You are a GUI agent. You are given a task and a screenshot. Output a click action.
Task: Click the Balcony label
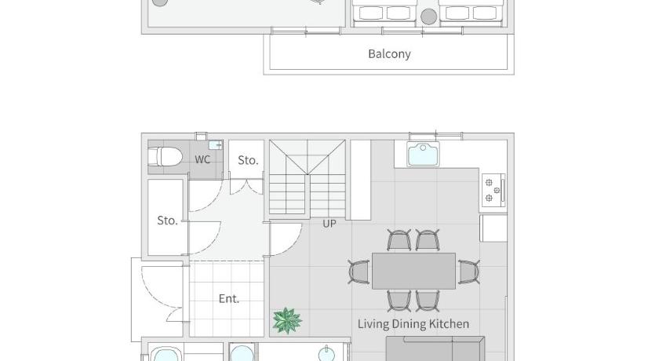pyautogui.click(x=389, y=54)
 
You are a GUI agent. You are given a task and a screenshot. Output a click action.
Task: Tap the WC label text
pyautogui.click(x=202, y=159)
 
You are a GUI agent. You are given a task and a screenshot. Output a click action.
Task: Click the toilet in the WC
pyautogui.click(x=166, y=157)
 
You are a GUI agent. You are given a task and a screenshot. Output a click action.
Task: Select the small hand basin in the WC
pyautogui.click(x=216, y=145)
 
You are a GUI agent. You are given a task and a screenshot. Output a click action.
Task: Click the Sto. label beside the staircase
pyautogui.click(x=248, y=160)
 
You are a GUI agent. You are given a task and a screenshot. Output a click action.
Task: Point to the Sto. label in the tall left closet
pyautogui.click(x=167, y=221)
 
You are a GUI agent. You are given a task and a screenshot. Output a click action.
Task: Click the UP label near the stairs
pyautogui.click(x=329, y=224)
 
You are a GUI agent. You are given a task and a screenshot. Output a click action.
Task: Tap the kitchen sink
pyautogui.click(x=423, y=155)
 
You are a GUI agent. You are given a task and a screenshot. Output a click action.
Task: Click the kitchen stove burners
pyautogui.click(x=493, y=191)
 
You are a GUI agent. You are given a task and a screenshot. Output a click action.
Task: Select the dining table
pyautogui.click(x=413, y=271)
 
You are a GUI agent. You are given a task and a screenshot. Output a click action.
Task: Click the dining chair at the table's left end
pyautogui.click(x=359, y=272)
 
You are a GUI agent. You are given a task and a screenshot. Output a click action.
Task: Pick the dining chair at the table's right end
pyautogui.click(x=468, y=272)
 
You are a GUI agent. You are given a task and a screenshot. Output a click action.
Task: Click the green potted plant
pyautogui.click(x=287, y=320)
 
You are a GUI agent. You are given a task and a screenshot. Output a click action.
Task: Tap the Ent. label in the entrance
pyautogui.click(x=229, y=299)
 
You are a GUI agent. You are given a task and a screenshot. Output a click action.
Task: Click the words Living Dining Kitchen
pyautogui.click(x=413, y=324)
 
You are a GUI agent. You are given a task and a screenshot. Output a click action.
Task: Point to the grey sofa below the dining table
pyautogui.click(x=435, y=348)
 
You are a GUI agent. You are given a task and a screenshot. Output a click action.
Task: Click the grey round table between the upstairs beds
pyautogui.click(x=428, y=16)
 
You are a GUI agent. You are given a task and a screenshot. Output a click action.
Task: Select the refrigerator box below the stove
pyautogui.click(x=493, y=228)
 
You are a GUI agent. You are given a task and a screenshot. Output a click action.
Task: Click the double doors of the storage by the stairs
pyautogui.click(x=246, y=187)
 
